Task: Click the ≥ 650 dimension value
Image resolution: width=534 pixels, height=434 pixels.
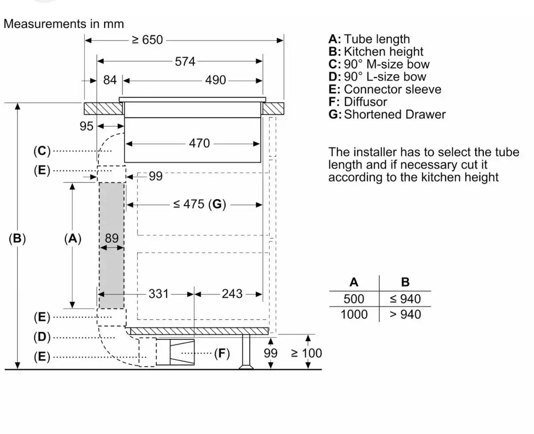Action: (x=147, y=40)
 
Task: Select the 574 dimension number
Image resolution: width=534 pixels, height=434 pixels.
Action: (x=185, y=61)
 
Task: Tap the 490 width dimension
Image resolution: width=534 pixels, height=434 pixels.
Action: (x=215, y=80)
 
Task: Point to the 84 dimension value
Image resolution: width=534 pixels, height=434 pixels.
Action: (x=110, y=80)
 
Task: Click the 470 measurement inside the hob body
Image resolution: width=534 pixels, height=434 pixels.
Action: (x=199, y=143)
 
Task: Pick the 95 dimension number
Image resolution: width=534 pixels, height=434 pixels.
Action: (x=86, y=126)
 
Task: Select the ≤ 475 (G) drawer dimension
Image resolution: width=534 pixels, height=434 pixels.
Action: (x=199, y=204)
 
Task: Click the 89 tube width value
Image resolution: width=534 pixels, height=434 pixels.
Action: (x=112, y=238)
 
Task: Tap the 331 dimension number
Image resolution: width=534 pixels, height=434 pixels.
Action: (x=159, y=294)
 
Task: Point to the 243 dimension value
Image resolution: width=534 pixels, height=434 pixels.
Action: (x=232, y=294)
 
